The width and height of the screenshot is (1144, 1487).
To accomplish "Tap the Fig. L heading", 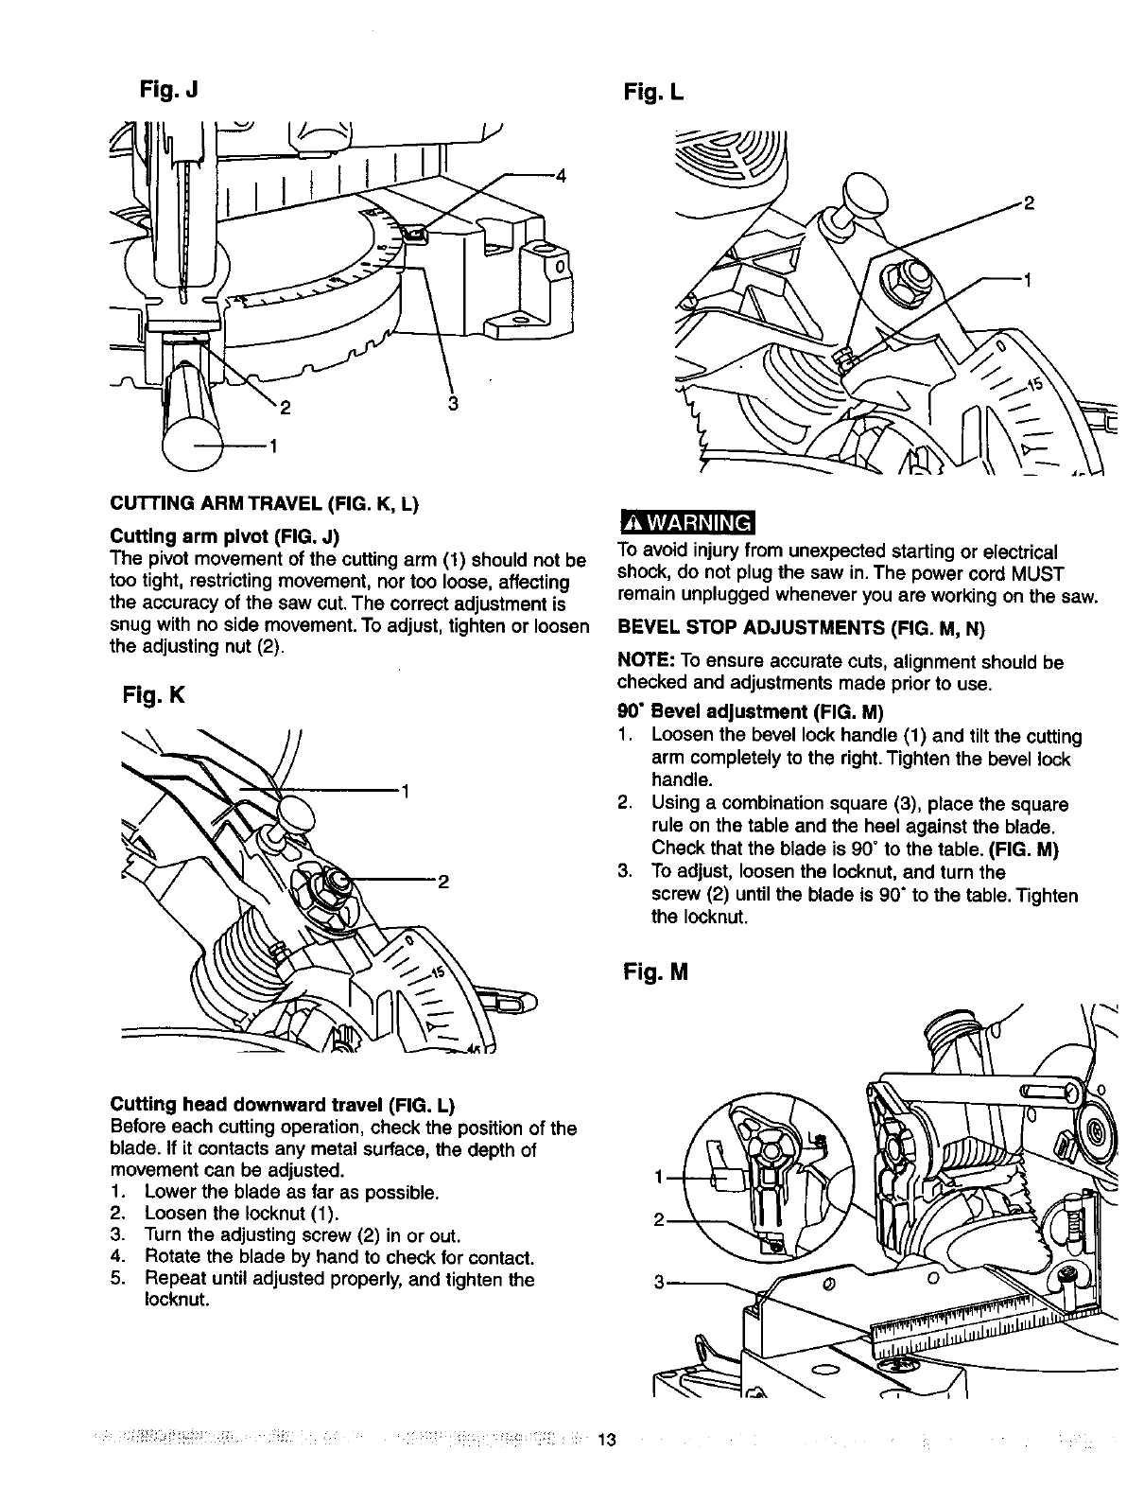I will point(652,92).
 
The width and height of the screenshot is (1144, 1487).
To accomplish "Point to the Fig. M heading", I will point(653,971).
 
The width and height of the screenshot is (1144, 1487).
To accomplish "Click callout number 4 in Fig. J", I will point(561,175).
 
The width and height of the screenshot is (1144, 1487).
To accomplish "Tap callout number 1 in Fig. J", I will point(272,446).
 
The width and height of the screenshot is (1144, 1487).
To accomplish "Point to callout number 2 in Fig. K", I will point(441,884).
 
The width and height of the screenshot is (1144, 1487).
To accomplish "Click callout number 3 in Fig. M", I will point(658,1283).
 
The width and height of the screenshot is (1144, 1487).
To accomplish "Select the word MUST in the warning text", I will point(1046,574).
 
